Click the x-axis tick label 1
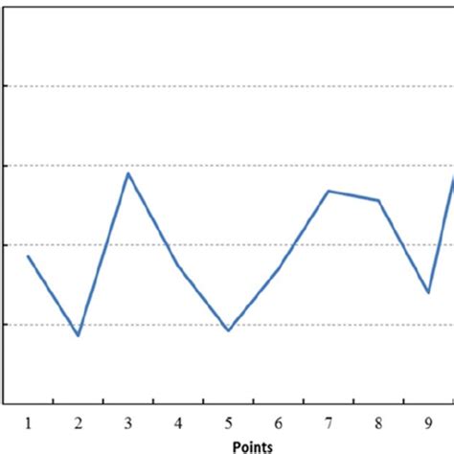(29, 422)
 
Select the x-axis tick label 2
(79, 422)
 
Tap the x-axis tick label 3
(128, 422)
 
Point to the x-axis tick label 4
(178, 422)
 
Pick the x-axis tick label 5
(228, 422)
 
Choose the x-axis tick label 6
(278, 422)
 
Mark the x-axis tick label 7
(329, 422)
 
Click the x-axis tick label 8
(378, 422)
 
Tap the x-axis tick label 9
(428, 422)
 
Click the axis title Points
(252, 446)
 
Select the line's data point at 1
(29, 257)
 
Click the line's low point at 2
(79, 335)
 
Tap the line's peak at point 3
(128, 173)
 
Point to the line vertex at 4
(178, 264)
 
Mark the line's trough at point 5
(228, 330)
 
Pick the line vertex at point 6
(278, 268)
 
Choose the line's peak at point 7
(329, 191)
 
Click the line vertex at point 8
(378, 200)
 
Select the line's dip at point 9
(428, 292)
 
